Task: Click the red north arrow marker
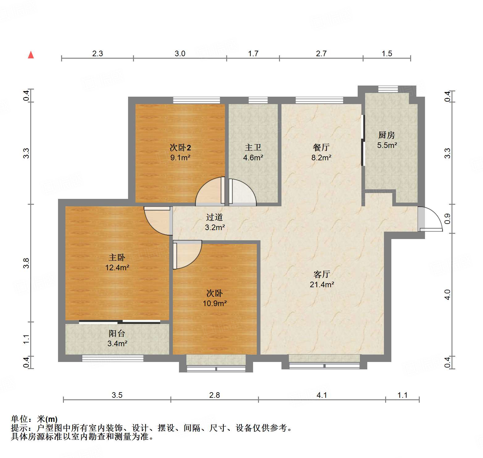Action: click(x=31, y=55)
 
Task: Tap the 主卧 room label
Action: click(x=117, y=257)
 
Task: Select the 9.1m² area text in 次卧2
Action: click(x=180, y=158)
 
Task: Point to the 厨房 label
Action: click(x=386, y=135)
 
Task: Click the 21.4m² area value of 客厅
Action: click(x=322, y=284)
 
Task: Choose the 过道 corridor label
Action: click(x=214, y=217)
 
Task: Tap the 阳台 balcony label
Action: click(x=117, y=334)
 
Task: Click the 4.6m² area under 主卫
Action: click(x=253, y=158)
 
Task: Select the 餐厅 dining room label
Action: click(x=321, y=147)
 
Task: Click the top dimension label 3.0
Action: click(x=180, y=53)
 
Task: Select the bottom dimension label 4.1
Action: click(x=322, y=395)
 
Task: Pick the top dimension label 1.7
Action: click(x=253, y=53)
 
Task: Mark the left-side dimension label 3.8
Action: click(x=26, y=263)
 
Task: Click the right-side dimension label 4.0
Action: click(x=447, y=294)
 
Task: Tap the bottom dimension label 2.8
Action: click(x=214, y=395)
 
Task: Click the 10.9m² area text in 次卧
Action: click(x=214, y=303)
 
